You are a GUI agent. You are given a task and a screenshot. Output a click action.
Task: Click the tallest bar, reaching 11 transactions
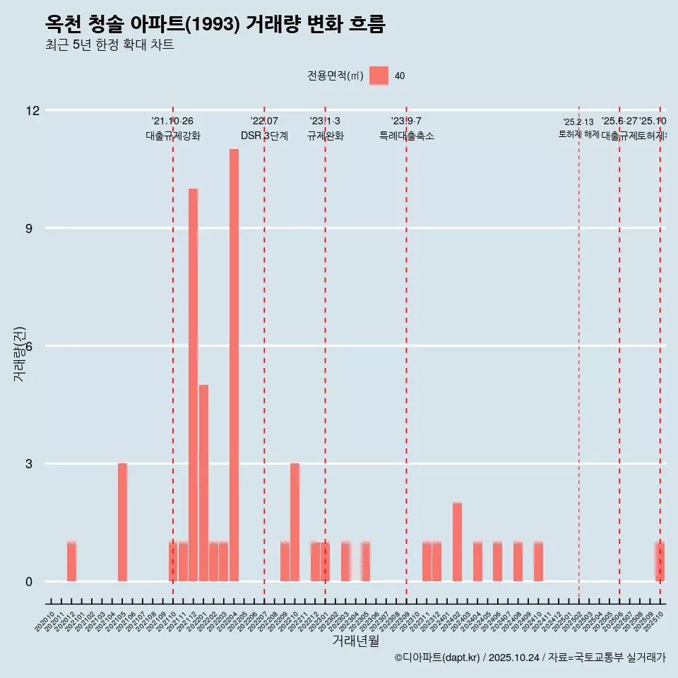point(234,365)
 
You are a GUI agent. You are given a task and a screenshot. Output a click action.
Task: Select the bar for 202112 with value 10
point(193,385)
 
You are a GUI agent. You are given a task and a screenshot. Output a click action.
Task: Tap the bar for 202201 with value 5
point(203,483)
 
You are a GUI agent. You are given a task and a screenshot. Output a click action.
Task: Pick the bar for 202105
point(122,523)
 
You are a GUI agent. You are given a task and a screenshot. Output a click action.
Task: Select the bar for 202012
point(71,561)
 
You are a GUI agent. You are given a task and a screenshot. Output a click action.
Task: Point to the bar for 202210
point(295,523)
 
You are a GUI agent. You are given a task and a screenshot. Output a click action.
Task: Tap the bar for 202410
point(538,561)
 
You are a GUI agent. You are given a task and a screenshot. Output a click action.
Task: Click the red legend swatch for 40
point(379,76)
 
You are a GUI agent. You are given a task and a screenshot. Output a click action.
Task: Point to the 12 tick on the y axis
point(33,111)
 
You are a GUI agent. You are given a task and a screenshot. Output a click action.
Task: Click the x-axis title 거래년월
point(355,641)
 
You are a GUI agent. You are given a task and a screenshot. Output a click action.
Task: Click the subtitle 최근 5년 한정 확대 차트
point(109,45)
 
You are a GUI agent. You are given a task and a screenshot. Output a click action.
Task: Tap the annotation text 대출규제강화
point(173,136)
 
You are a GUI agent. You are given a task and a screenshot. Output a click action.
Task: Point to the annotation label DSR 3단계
point(264,136)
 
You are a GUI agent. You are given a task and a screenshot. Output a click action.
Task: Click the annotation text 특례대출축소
point(406,136)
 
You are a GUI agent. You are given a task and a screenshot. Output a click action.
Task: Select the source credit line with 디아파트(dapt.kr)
point(530,658)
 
